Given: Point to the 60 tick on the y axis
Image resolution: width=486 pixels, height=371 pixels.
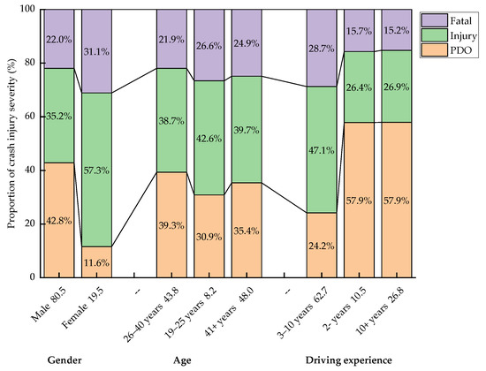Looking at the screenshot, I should point(30,117).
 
